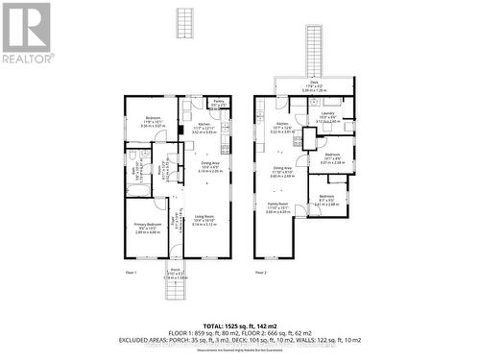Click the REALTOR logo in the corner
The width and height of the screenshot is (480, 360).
click(x=26, y=33)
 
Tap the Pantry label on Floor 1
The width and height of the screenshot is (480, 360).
click(x=218, y=100)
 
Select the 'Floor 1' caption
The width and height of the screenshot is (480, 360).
click(x=132, y=274)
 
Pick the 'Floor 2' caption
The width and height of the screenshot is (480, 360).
click(x=261, y=274)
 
